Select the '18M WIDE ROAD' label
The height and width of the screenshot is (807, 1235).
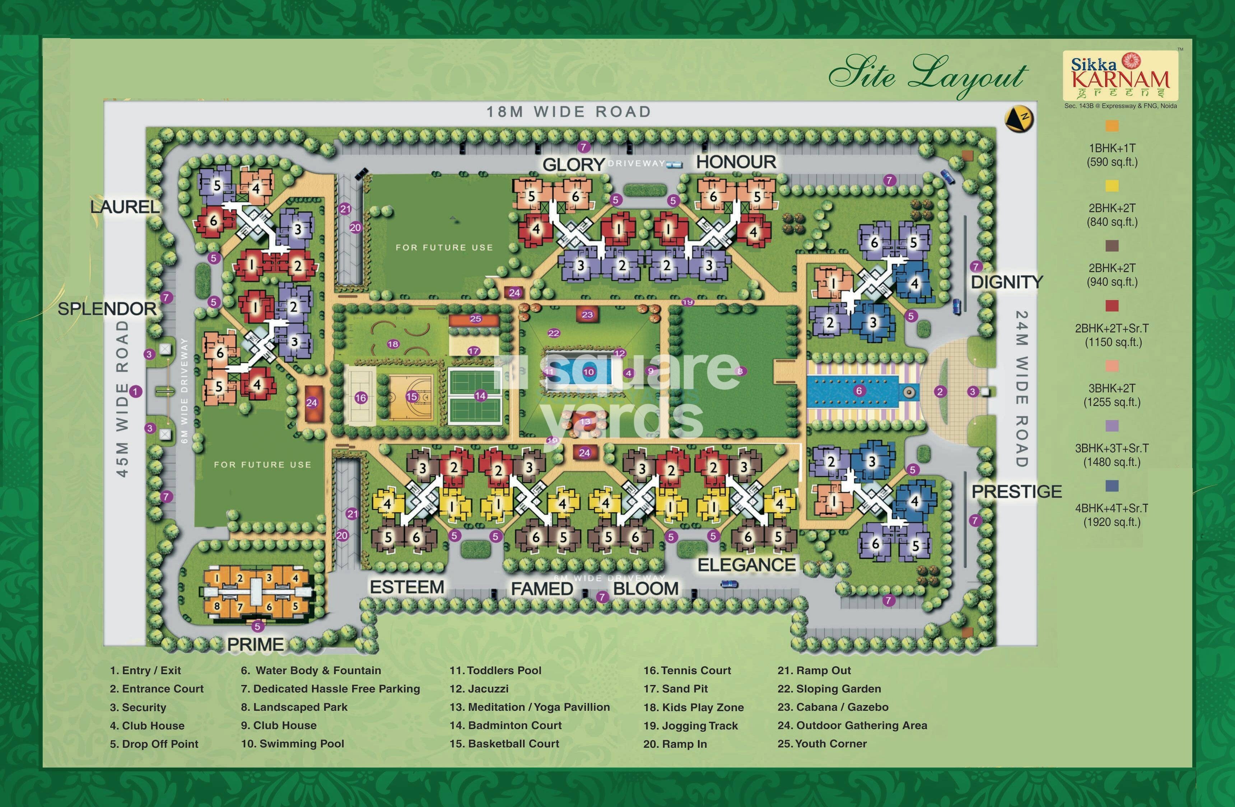pyautogui.click(x=568, y=112)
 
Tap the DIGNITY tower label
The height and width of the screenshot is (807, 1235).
pyautogui.click(x=1006, y=282)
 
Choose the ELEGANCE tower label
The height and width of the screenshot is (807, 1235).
pyautogui.click(x=746, y=565)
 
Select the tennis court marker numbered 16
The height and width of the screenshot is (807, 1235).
pyautogui.click(x=361, y=398)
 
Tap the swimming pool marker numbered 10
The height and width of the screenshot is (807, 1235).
pyautogui.click(x=588, y=372)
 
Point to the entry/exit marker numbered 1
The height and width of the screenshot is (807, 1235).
pyautogui.click(x=135, y=391)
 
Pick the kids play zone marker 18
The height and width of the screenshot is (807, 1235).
pyautogui.click(x=393, y=344)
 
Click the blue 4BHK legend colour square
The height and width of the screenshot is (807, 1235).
pyautogui.click(x=1111, y=486)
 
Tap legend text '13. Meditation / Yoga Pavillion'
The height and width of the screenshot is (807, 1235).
pyautogui.click(x=529, y=707)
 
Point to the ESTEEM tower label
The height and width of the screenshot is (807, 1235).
pyautogui.click(x=407, y=587)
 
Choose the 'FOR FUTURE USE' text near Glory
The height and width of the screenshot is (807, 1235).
pyautogui.click(x=444, y=248)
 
